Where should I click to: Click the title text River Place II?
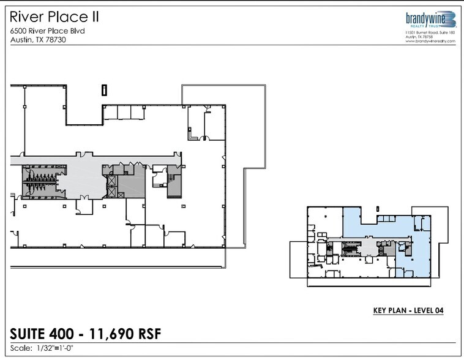[x=54, y=17]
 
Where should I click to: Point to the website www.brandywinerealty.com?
[x=431, y=41]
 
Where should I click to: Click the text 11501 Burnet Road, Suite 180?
[x=430, y=33]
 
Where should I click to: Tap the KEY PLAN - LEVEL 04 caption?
[x=408, y=310]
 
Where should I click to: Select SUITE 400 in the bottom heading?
[x=37, y=334]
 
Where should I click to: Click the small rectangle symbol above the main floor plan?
[x=104, y=90]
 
